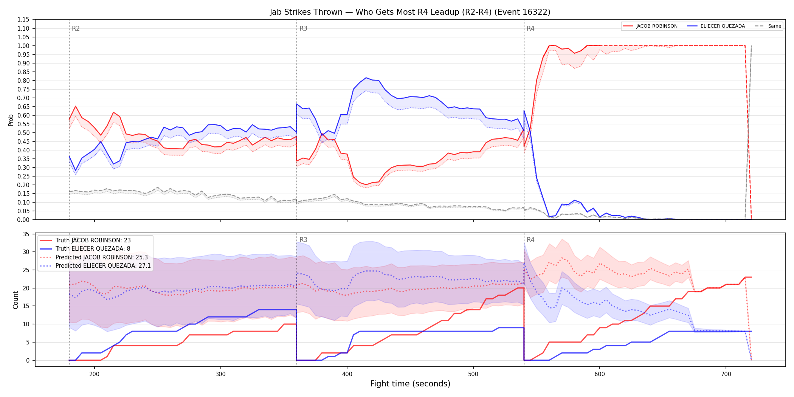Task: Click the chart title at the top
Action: point(410,12)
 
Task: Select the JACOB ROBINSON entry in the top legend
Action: point(650,26)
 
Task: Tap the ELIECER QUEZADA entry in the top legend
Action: point(716,26)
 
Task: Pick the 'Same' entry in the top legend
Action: point(768,26)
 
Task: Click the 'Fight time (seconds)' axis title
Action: point(410,384)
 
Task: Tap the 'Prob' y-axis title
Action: point(11,120)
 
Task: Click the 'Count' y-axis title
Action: point(16,300)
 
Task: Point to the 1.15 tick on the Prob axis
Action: point(23,20)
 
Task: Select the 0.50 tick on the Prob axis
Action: point(23,133)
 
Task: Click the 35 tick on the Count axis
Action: point(26,234)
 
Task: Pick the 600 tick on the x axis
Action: point(600,374)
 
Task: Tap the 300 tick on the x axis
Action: point(221,374)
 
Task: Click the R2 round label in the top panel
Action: point(76,28)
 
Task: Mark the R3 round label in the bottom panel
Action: point(303,240)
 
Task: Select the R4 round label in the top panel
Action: point(530,28)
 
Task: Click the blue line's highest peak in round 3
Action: point(366,78)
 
